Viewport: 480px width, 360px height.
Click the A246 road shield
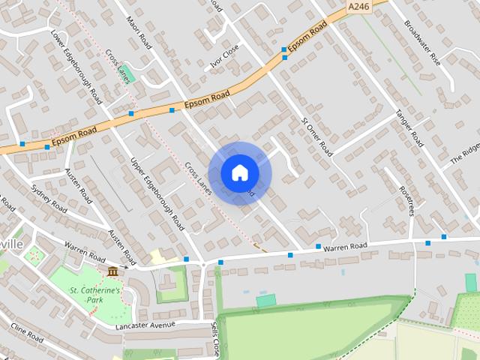[x=359, y=7]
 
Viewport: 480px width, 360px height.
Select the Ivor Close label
[x=224, y=55]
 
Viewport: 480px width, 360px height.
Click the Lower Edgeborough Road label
[x=75, y=66]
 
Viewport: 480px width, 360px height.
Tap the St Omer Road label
[x=316, y=136]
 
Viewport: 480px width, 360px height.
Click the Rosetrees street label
[x=406, y=200]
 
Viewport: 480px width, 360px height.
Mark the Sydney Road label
[x=49, y=198]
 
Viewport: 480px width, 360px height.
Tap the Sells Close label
[x=215, y=339]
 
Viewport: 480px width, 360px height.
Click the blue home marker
[x=240, y=173]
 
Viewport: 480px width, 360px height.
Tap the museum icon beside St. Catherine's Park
[x=112, y=271]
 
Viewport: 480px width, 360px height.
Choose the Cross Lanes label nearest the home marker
[x=199, y=180]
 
